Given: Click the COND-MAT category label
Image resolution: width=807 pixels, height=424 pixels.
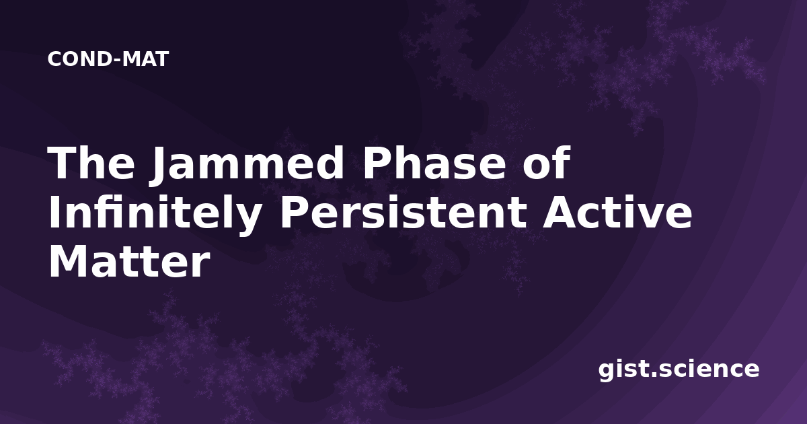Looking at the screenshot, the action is tap(108, 59).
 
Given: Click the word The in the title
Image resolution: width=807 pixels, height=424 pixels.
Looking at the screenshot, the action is tap(91, 163).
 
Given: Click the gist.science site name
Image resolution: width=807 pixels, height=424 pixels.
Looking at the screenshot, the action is tap(679, 369).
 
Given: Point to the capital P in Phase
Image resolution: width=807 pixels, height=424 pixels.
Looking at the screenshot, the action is tap(377, 163).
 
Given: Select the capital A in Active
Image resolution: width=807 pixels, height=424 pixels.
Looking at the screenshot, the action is tap(561, 213).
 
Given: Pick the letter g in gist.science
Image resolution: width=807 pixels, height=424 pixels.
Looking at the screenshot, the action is tap(607, 372).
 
